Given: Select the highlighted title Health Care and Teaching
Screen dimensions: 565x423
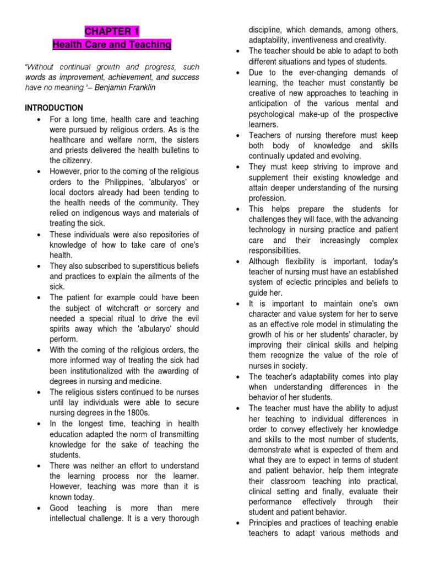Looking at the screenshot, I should pos(112,44).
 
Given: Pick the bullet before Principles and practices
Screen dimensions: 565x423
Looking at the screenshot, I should pos(236,523).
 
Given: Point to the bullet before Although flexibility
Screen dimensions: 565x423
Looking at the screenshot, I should pos(236,262).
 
